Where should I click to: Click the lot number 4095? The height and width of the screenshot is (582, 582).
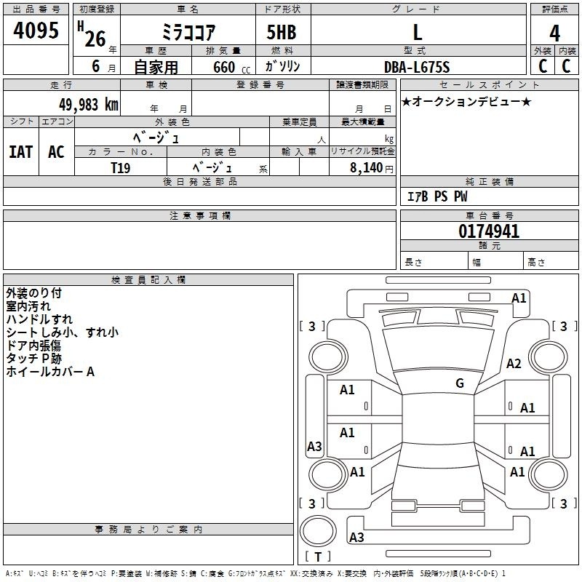pos(36,31)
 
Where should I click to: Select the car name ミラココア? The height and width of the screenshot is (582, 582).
pos(188,32)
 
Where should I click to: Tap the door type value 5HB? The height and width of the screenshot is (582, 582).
pos(282,32)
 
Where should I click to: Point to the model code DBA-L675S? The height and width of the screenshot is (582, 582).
pos(417,67)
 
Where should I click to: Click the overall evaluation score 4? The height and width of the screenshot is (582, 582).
pos(554,33)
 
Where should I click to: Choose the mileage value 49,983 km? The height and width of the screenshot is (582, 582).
pos(88,105)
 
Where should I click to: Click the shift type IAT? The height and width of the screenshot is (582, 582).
pos(21,152)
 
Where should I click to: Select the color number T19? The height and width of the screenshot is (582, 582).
pos(121,168)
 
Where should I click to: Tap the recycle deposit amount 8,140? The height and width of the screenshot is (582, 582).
pos(367,168)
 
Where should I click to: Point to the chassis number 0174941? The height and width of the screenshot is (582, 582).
pos(489,231)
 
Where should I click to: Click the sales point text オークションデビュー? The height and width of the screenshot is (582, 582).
pos(466,102)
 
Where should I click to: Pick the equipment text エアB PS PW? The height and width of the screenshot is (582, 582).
pos(437,196)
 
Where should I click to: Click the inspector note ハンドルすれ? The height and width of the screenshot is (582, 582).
pos(39,319)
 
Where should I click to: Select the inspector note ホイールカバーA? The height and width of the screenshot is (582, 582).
pos(50,372)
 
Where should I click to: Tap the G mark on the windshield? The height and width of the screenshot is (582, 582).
pos(460,383)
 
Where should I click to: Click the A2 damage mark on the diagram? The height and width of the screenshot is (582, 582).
pos(514,364)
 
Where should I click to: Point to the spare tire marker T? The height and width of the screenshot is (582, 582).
pos(318,557)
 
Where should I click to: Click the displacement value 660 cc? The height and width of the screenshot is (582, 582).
pos(231,68)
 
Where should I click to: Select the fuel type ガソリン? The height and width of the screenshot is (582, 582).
pos(282,66)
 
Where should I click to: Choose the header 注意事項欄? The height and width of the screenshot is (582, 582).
pos(200,215)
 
